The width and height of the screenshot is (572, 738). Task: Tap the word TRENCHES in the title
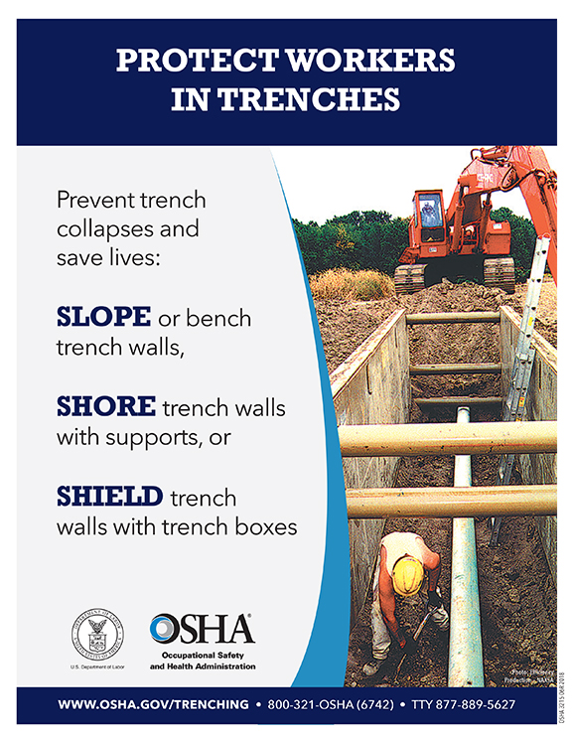[x=317, y=100]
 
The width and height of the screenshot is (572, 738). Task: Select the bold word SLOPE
[x=104, y=317]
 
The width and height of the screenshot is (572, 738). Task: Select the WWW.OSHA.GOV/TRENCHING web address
[x=153, y=704]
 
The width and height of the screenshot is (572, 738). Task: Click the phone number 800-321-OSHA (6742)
[x=332, y=704]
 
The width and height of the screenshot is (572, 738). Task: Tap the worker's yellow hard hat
[x=407, y=573]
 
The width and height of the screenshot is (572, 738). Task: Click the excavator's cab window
[x=430, y=212]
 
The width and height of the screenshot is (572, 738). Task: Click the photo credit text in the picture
[x=531, y=675]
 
